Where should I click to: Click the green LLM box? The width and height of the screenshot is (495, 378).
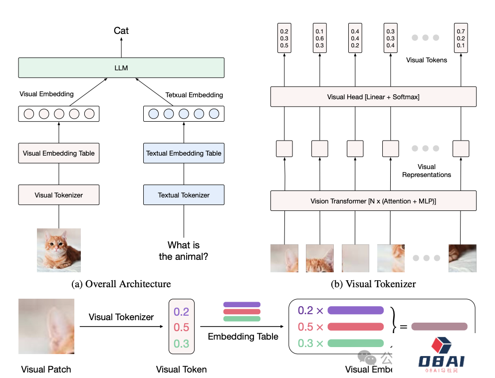click(x=121, y=68)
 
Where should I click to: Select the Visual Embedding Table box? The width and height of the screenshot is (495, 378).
click(x=59, y=153)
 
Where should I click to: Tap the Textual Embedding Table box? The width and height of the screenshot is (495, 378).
click(x=184, y=153)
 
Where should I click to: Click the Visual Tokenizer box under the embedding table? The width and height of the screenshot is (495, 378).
click(x=59, y=195)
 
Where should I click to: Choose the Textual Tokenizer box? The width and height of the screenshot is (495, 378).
click(x=184, y=195)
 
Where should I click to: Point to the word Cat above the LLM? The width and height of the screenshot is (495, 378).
click(x=121, y=31)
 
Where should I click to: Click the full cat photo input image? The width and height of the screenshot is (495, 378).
click(x=59, y=250)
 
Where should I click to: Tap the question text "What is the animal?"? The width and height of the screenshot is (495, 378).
click(x=184, y=251)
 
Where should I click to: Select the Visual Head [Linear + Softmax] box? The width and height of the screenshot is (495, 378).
click(x=373, y=97)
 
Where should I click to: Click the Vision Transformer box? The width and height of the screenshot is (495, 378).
click(x=373, y=201)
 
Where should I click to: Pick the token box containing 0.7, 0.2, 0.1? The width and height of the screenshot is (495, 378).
click(x=461, y=38)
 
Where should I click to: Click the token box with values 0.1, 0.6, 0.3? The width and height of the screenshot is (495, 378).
click(x=320, y=38)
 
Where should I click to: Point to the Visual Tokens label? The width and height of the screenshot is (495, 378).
click(x=427, y=60)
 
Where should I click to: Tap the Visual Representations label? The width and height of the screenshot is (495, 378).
click(x=427, y=171)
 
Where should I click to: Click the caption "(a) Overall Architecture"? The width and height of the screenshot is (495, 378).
click(x=121, y=284)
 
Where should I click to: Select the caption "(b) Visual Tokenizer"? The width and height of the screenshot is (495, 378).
click(x=373, y=284)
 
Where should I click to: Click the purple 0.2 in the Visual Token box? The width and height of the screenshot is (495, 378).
click(x=182, y=312)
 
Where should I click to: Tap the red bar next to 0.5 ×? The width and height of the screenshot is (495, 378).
click(x=355, y=327)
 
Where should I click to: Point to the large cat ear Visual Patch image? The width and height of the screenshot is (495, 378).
click(x=46, y=326)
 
